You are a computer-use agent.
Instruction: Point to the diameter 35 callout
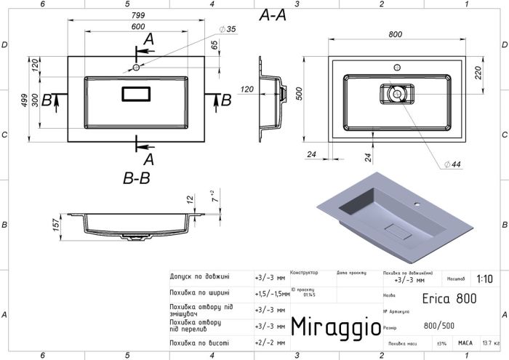[229, 29]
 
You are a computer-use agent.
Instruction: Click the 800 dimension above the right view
[396, 33]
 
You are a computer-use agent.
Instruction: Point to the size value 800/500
[441, 327]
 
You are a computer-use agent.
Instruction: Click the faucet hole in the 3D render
[420, 205]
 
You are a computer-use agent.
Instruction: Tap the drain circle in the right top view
[396, 93]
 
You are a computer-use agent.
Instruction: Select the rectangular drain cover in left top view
[135, 93]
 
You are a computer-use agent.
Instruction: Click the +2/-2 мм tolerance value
[264, 343]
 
